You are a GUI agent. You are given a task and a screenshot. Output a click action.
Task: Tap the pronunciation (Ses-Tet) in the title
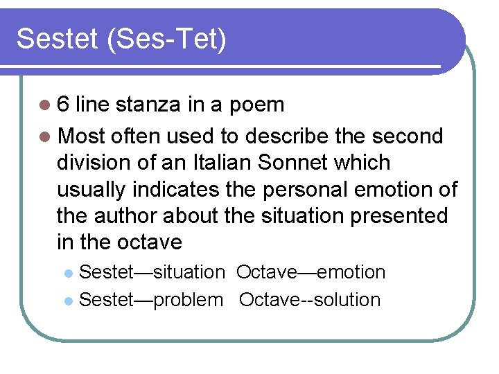coord(166,40)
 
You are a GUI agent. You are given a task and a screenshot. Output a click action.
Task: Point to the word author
coord(123,215)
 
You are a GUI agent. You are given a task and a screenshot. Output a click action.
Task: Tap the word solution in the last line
coord(351,300)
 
